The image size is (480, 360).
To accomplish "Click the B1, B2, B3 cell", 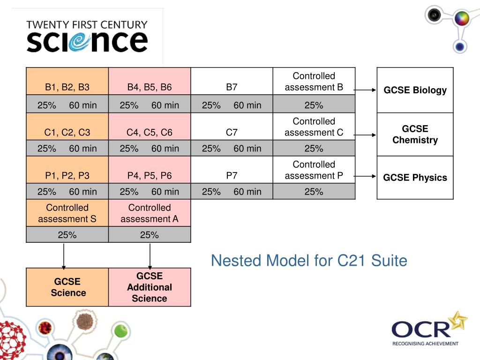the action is pos(67,81).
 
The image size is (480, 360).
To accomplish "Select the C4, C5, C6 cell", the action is pos(150,127).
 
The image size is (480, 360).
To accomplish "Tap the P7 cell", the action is pos(232,170).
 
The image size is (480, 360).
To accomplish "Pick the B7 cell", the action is pos(232,81).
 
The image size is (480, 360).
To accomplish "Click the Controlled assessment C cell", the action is pos(314,127).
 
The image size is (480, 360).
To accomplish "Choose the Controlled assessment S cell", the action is pos(67,213).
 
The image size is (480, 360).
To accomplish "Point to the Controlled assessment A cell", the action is pos(150,213).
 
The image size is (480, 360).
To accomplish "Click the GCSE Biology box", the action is pos(415,90).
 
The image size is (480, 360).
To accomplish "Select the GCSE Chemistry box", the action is pos(415,135).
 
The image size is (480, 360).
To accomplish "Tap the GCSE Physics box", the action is pos(415,178).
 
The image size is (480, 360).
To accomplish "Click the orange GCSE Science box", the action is pos(67,287).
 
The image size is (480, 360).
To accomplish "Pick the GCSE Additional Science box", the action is pos(150,287).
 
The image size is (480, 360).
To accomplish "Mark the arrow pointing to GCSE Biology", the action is pos(365,90).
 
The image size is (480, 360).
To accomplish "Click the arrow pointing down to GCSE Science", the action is pos(64,256).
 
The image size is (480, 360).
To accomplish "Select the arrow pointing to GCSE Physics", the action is pos(365,176).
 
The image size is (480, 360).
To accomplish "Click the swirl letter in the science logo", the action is pos(79,42).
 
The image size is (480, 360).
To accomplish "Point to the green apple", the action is pos(121,330).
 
